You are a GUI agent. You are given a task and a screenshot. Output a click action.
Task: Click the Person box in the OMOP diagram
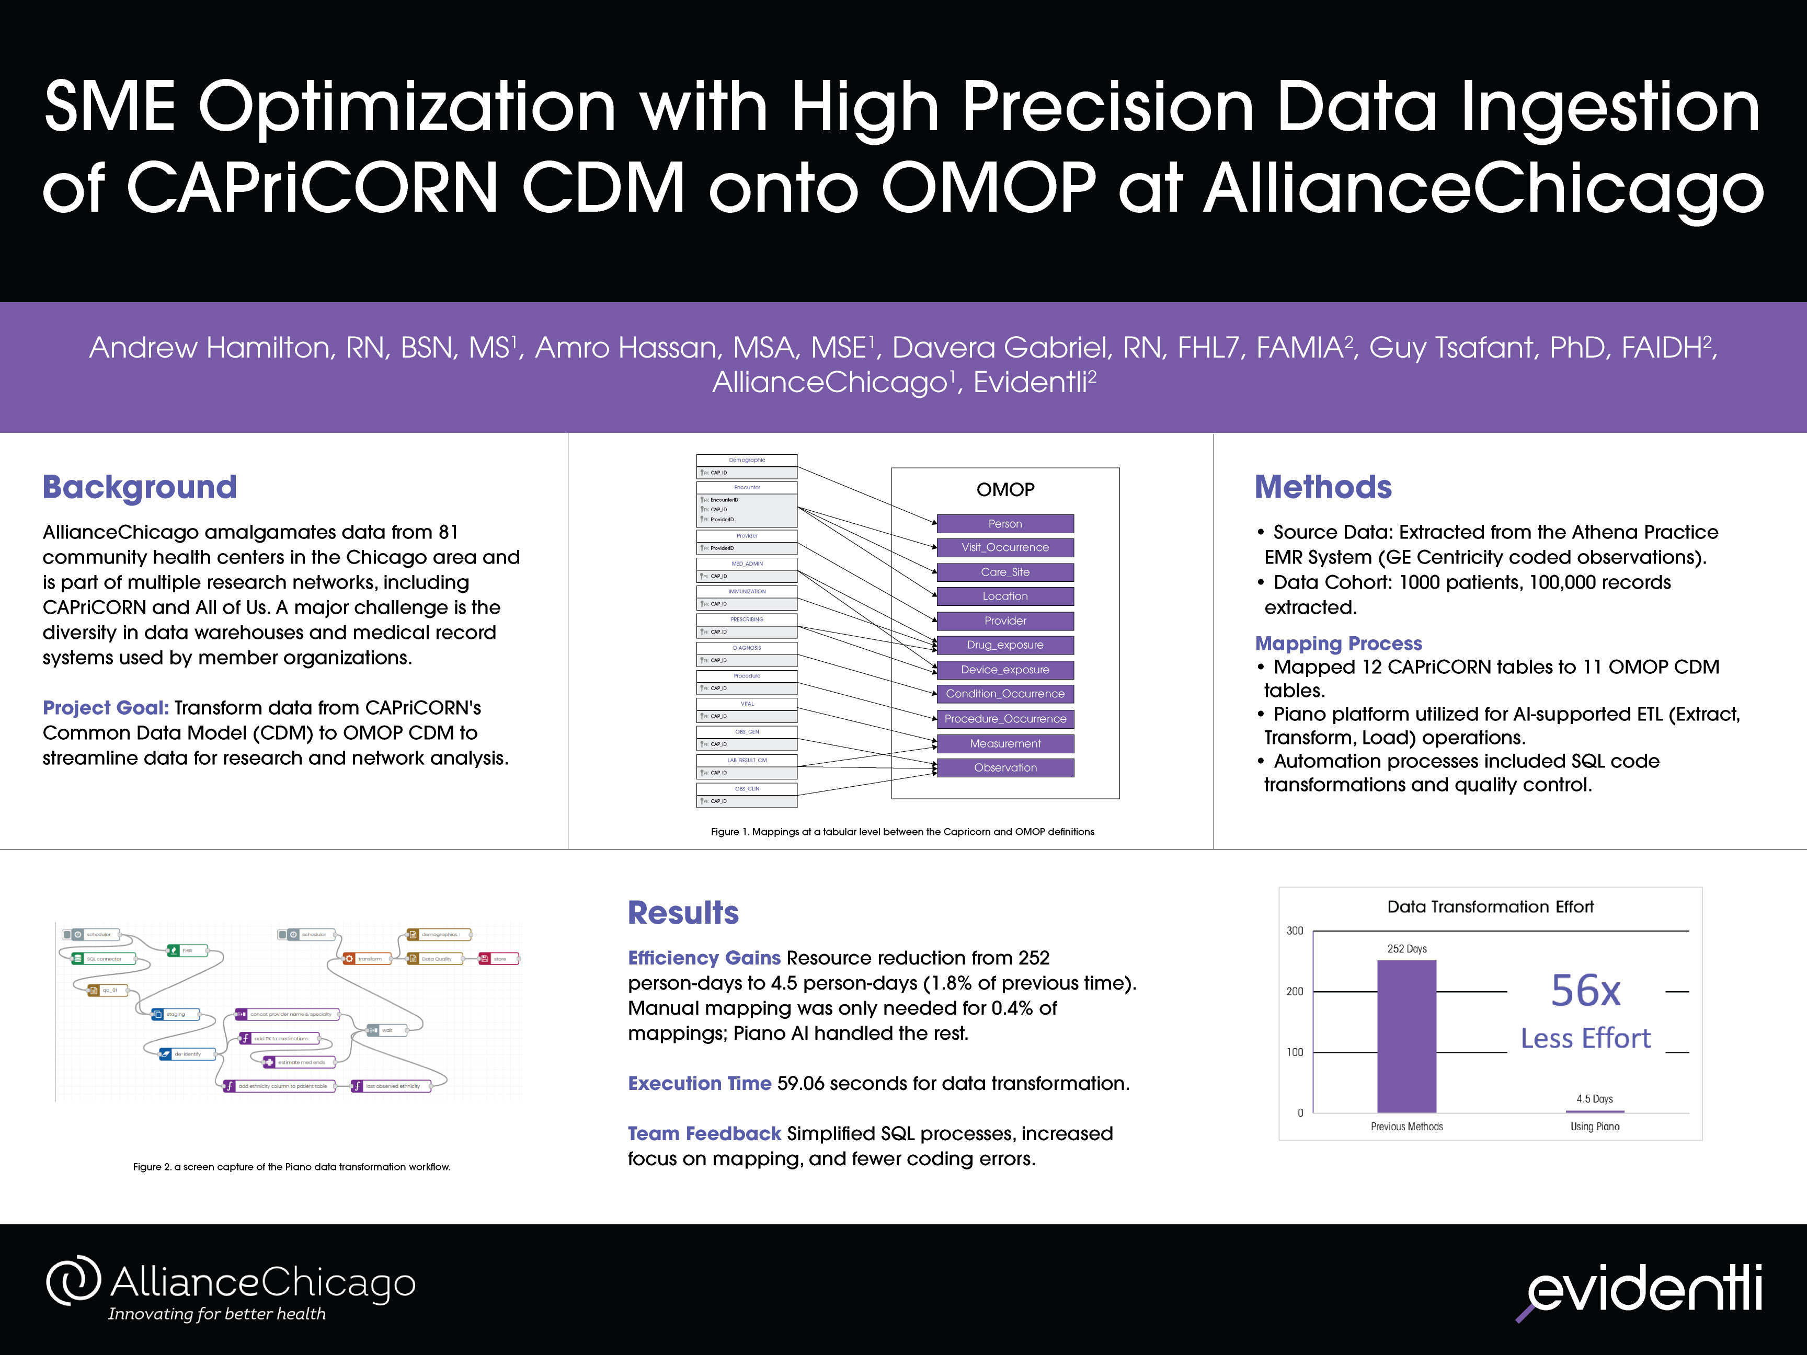(1005, 523)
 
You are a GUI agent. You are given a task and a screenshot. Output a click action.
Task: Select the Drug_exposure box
(1005, 645)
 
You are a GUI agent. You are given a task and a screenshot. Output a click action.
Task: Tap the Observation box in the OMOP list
(1005, 768)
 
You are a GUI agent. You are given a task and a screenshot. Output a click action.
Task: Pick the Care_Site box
(1005, 572)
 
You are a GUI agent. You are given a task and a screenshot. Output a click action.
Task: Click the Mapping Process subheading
(1338, 644)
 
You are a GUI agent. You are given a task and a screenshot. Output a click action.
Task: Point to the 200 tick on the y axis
(1295, 992)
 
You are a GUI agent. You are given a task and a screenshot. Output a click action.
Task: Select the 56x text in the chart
(1585, 991)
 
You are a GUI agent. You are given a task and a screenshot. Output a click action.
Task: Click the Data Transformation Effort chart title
(1490, 906)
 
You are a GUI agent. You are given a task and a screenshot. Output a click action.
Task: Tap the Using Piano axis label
(1595, 1127)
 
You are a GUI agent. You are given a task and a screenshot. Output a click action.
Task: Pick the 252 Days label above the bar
(1406, 948)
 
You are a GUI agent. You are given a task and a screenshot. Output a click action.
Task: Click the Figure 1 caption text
(902, 832)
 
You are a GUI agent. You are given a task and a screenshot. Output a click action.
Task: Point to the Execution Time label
(699, 1083)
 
